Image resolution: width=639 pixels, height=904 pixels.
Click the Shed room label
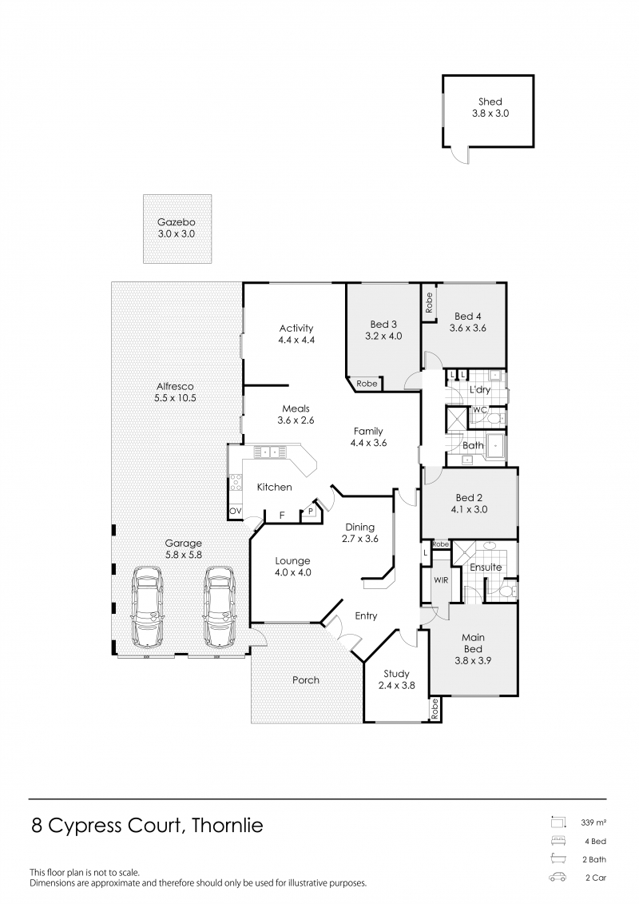(x=490, y=102)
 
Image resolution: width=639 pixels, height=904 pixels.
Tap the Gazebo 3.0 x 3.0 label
(x=177, y=228)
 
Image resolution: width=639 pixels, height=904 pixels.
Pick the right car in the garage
(x=219, y=606)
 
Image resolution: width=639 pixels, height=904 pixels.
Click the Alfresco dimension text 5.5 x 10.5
(x=175, y=398)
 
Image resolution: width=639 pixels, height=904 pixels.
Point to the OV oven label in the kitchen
(x=235, y=511)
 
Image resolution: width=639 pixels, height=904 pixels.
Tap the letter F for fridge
(x=282, y=515)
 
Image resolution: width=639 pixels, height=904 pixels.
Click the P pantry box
(x=311, y=512)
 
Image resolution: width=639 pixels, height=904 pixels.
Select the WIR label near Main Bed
(x=441, y=580)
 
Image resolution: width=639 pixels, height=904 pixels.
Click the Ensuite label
(x=486, y=567)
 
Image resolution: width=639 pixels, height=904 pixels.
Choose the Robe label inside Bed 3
(x=367, y=384)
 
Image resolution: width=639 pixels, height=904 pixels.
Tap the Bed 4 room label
(x=468, y=316)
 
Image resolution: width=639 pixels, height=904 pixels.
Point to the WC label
(x=479, y=410)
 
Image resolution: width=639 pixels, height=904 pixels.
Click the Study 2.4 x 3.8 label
(x=396, y=679)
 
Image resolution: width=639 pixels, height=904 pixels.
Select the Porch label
(x=305, y=679)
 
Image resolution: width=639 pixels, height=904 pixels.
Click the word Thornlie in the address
(x=227, y=826)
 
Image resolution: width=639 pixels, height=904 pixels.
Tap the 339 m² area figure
(x=593, y=822)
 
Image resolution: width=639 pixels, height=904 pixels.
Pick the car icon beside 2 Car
(x=558, y=878)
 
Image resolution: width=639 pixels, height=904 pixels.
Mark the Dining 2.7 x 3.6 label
(x=359, y=532)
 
